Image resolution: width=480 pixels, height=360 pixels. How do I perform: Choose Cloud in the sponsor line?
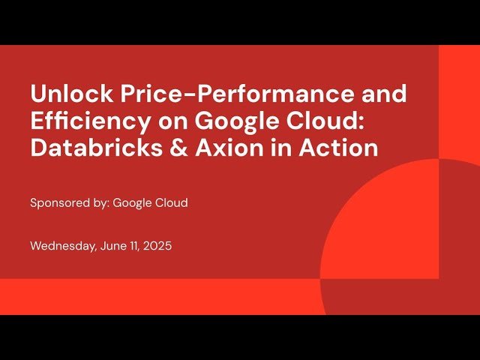point(172,203)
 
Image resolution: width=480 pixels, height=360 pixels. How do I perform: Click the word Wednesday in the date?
point(63,245)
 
